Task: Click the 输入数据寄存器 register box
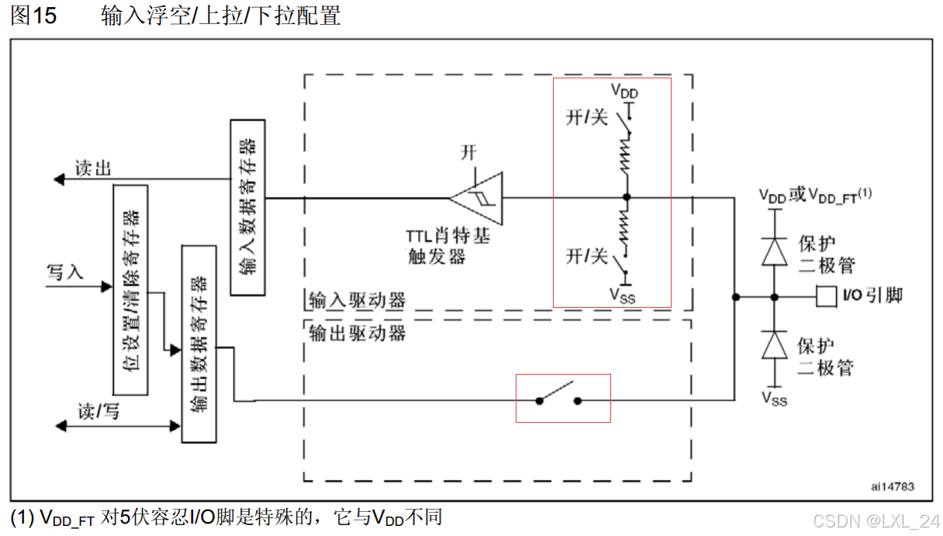247,207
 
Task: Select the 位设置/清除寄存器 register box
130,289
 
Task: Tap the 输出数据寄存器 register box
199,343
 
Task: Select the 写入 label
65,272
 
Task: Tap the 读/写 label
98,411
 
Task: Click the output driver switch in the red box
558,396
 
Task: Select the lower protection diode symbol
773,344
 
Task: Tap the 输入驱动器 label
357,300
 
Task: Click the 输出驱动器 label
357,334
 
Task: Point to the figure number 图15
33,16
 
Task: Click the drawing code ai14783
892,487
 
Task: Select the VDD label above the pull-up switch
624,92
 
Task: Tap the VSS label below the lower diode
773,399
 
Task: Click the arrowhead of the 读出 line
58,179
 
